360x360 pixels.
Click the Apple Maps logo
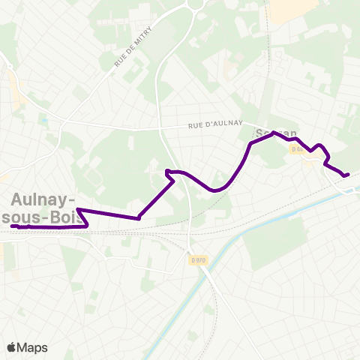click(26, 347)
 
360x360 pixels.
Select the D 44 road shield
click(298, 149)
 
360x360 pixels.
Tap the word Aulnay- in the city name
click(43, 199)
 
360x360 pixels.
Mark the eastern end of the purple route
click(348, 175)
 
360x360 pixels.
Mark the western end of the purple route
click(13, 226)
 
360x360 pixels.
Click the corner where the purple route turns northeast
click(139, 218)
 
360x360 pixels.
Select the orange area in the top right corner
click(293, 9)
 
